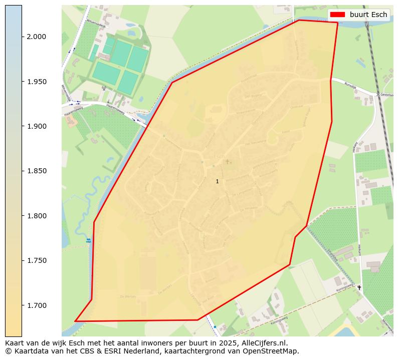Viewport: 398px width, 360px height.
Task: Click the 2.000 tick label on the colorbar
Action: [36, 37]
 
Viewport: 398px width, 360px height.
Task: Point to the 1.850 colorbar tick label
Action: [36, 171]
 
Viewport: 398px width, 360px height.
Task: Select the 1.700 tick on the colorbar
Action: [36, 305]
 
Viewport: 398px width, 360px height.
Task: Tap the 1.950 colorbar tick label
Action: [36, 82]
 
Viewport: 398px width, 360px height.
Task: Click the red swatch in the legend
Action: [337, 15]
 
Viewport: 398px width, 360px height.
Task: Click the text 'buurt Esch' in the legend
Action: [368, 15]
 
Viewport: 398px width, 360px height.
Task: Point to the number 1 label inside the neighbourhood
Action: [217, 181]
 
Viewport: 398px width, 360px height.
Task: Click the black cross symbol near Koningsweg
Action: [359, 287]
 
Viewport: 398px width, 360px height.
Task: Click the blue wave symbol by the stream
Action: [89, 240]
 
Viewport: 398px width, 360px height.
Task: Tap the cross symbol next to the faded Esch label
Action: [227, 161]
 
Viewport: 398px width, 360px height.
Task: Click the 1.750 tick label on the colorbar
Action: [36, 260]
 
